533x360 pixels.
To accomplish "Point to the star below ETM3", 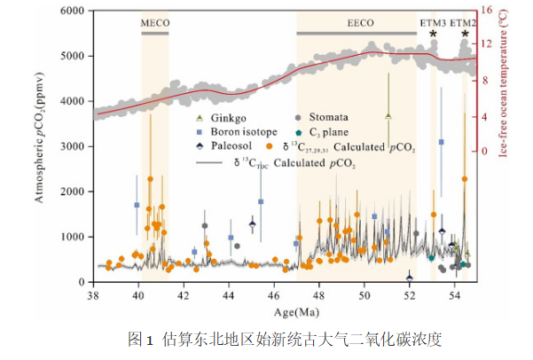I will click(x=433, y=35).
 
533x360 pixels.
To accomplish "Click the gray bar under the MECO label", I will click(x=155, y=33).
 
